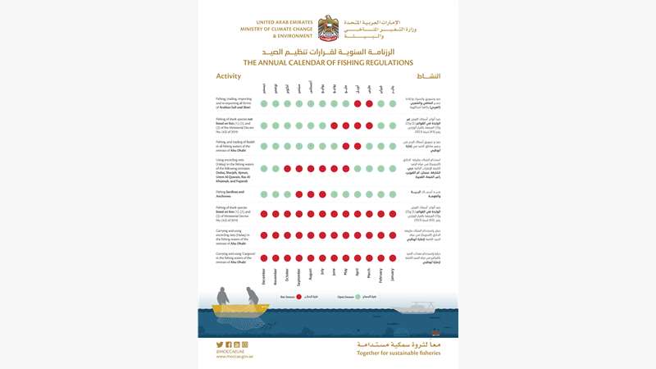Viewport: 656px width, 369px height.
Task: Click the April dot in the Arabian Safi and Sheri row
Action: [358, 104]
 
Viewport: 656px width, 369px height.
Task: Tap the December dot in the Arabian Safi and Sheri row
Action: [264, 104]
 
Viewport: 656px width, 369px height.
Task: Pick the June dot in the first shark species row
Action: [334, 125]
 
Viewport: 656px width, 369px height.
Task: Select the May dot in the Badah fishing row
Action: [345, 146]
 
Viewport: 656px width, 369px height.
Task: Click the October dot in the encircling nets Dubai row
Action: [287, 168]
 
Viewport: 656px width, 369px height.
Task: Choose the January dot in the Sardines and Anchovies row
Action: [392, 194]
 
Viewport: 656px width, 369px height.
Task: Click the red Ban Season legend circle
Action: [298, 296]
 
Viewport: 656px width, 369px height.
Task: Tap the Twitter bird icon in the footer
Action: [220, 345]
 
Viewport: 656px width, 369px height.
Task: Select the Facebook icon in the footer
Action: [228, 345]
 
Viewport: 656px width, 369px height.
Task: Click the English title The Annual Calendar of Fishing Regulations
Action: [327, 61]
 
